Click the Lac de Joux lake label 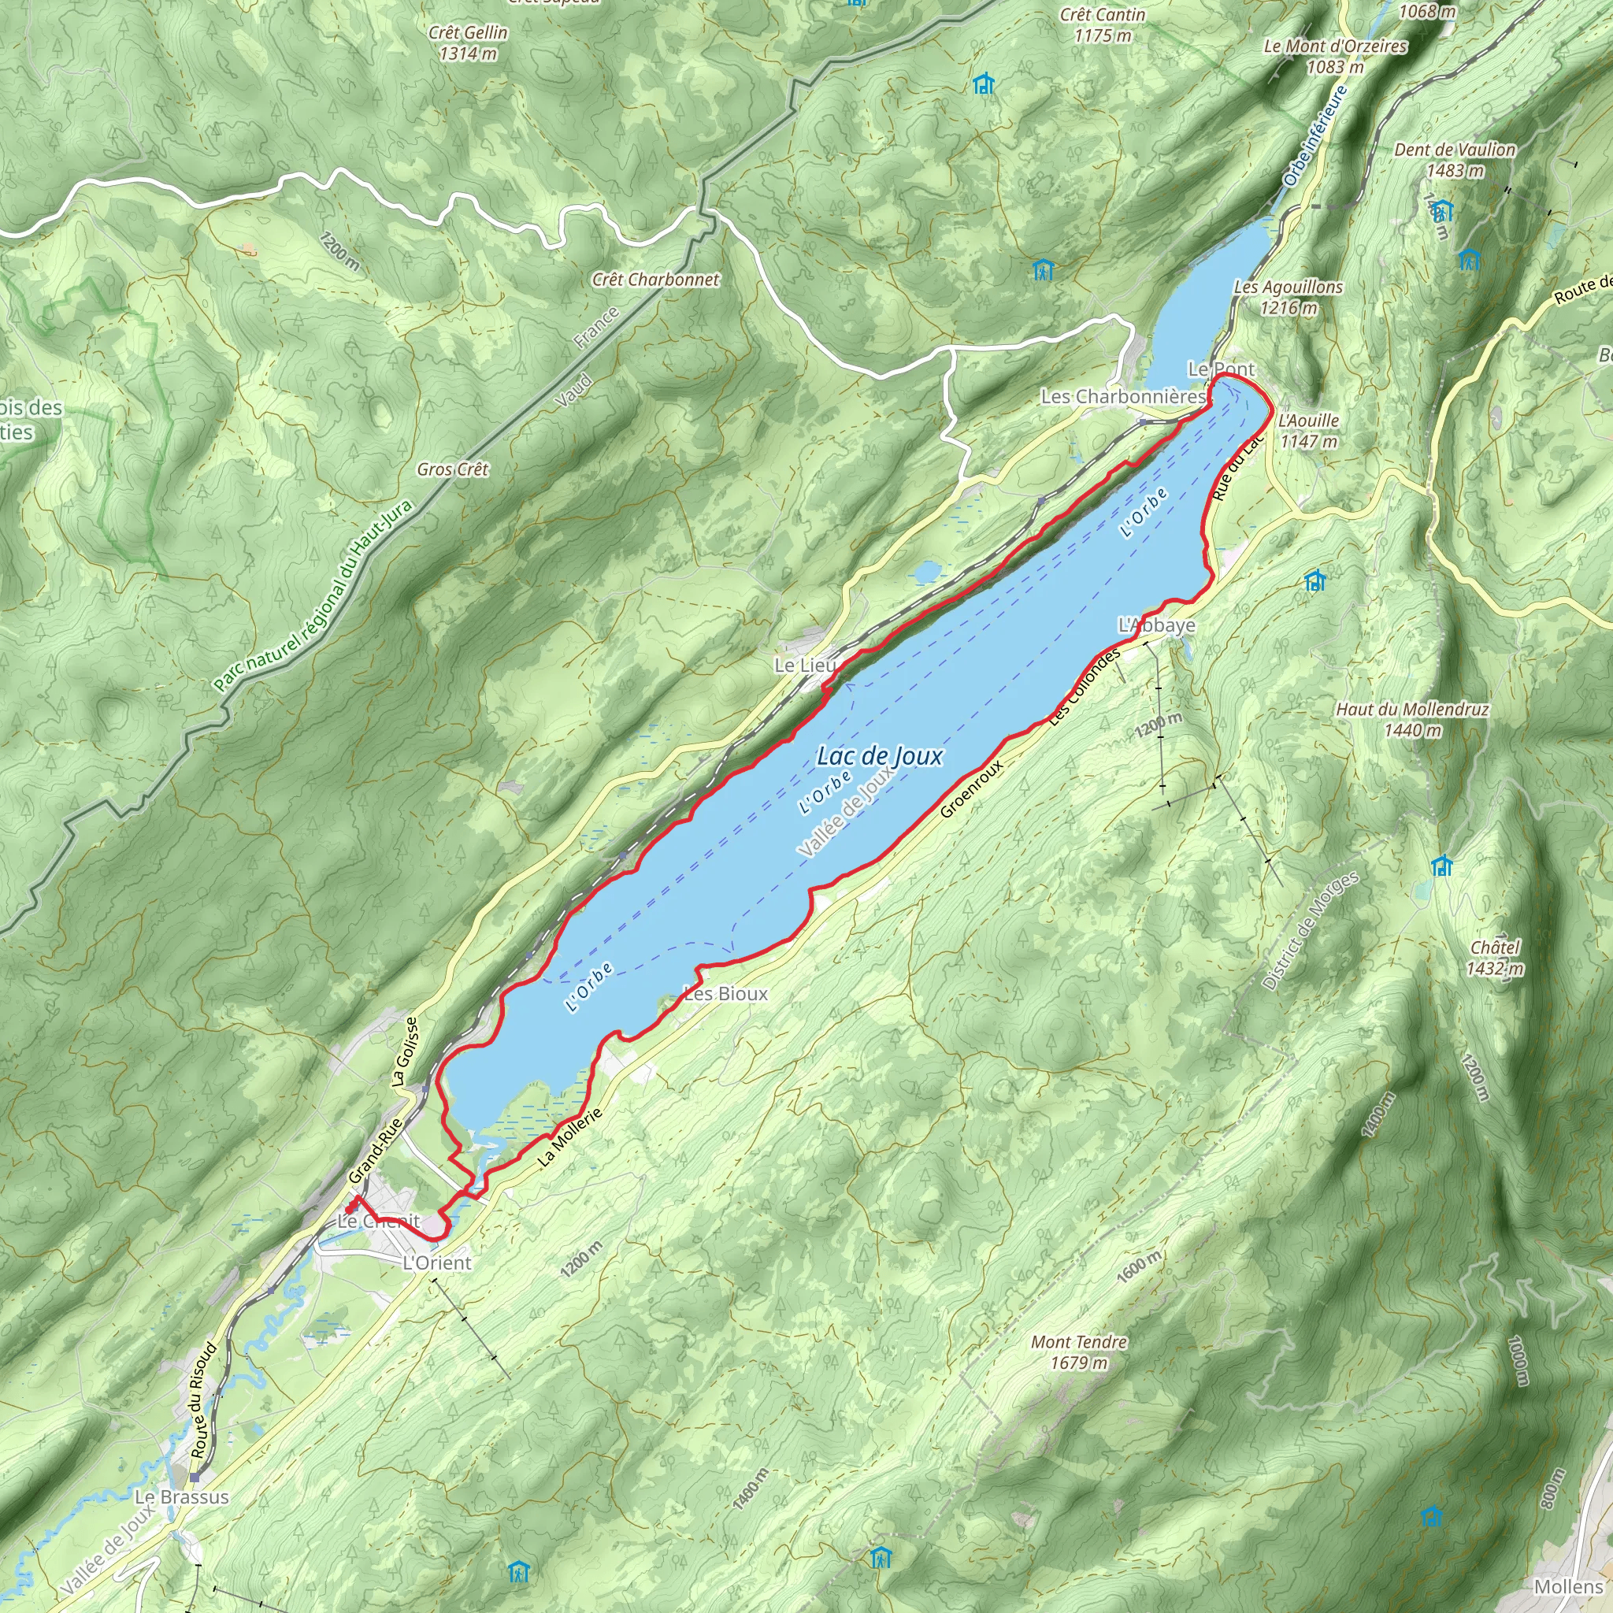879,756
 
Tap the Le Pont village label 1221,369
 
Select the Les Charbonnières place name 1122,397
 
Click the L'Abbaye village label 1156,625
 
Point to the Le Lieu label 804,666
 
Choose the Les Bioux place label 725,993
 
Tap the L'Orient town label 436,1263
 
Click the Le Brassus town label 181,1497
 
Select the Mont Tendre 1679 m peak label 1079,1352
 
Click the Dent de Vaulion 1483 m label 1455,159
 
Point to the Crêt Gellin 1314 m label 468,43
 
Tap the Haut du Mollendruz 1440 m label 1413,720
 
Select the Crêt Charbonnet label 655,280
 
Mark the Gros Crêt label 453,470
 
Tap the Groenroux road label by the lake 971,789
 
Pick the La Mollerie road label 569,1138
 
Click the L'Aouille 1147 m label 1308,431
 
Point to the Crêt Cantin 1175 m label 1102,25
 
